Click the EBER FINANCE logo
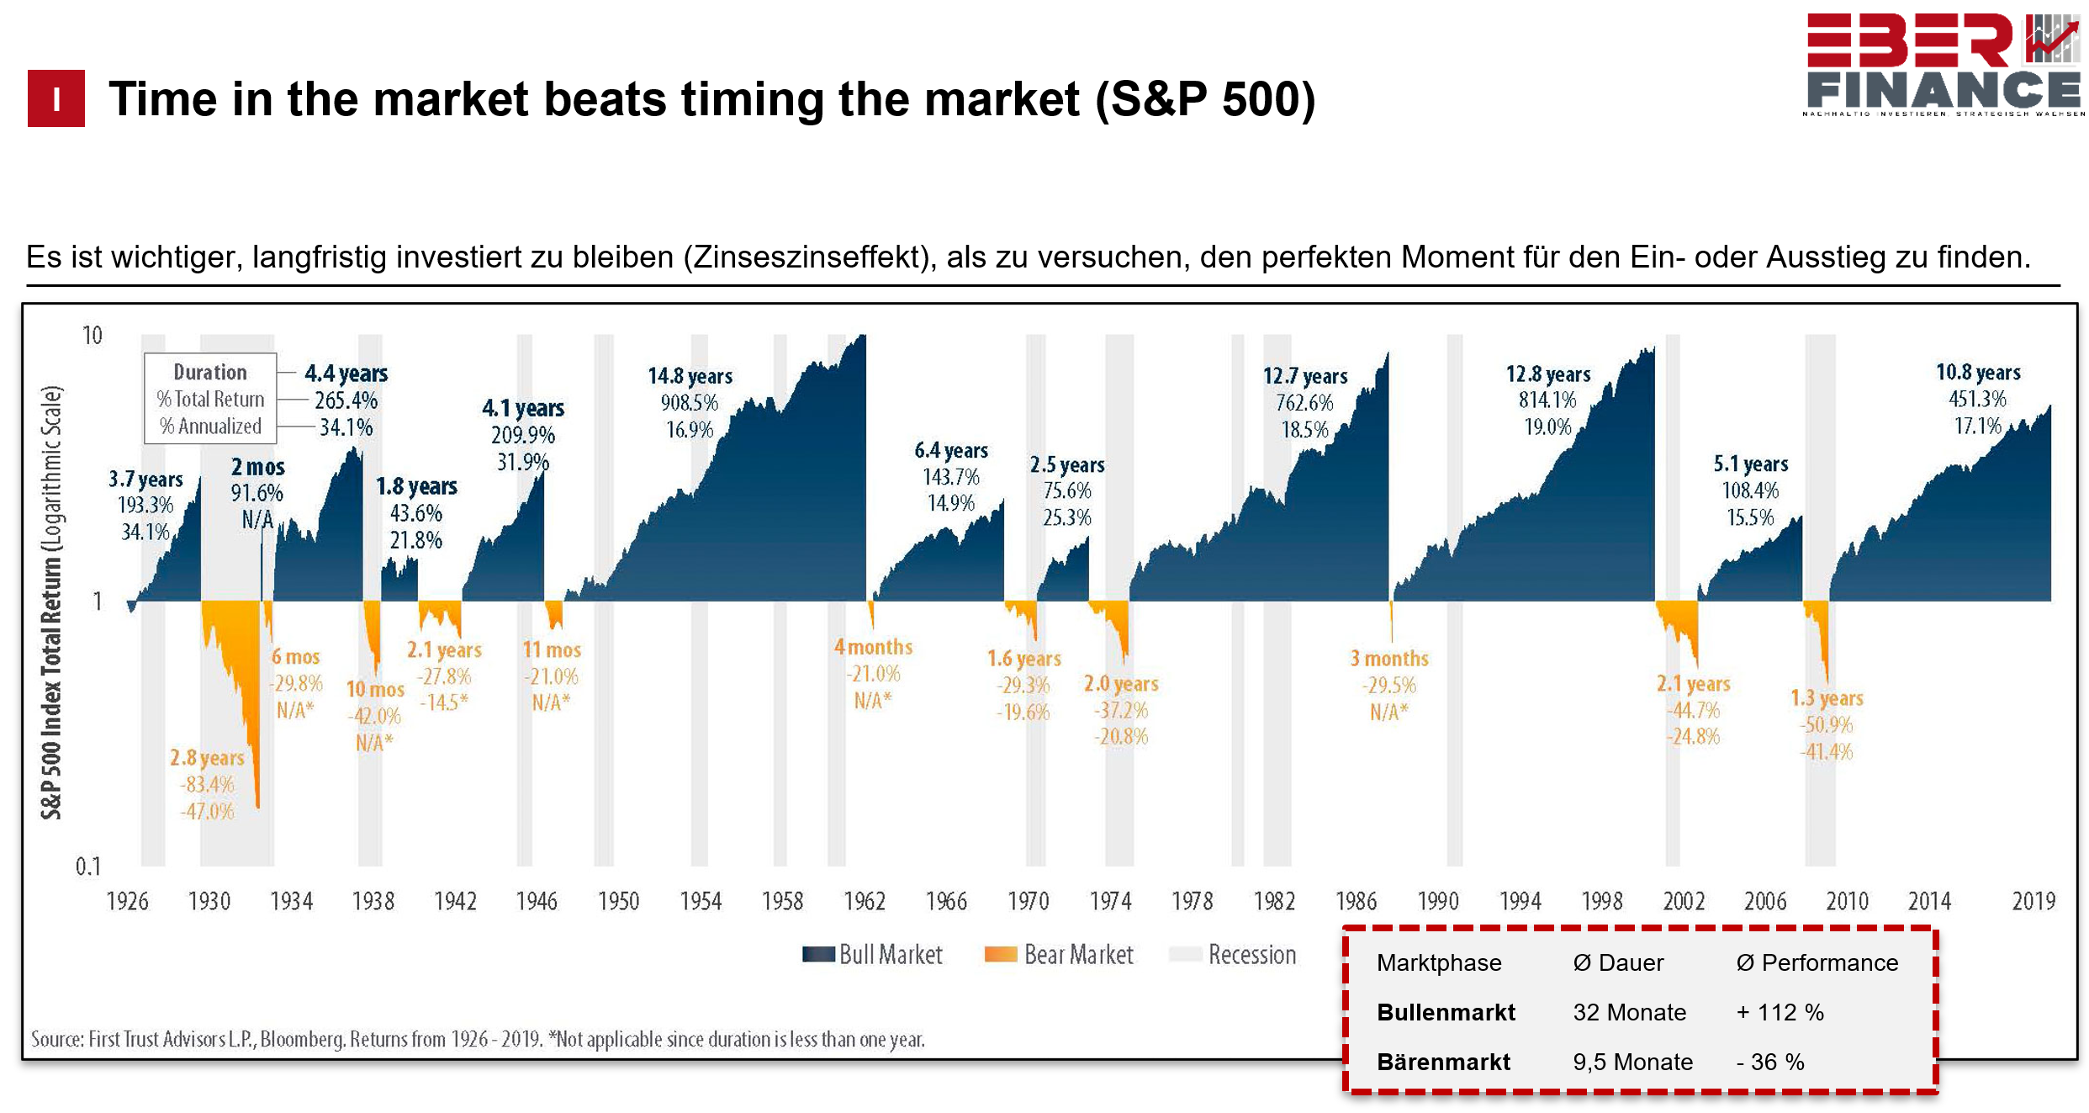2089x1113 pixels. tap(1943, 65)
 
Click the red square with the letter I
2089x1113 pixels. tap(56, 98)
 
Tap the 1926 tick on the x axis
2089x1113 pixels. tap(127, 902)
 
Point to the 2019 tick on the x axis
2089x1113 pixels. tap(2033, 902)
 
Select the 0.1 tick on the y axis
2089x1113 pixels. tap(87, 867)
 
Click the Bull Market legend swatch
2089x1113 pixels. tap(818, 955)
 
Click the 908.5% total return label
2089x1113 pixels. tap(690, 403)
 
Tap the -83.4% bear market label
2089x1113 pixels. tap(207, 785)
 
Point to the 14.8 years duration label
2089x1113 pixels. tap(690, 376)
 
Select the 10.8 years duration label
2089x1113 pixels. tap(1978, 372)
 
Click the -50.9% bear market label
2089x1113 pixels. tap(1827, 725)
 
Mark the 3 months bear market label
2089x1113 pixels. tap(1389, 659)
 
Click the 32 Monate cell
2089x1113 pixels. tap(1629, 1012)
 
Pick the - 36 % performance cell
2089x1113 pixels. tap(1770, 1062)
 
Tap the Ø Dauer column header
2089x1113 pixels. tap(1618, 962)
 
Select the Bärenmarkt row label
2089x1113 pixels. tap(1443, 1062)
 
